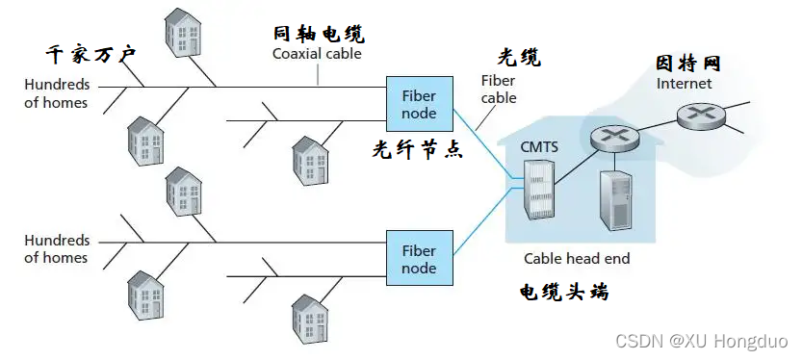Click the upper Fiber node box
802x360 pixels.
[418, 104]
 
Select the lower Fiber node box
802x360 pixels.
[418, 259]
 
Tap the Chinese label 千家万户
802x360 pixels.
[91, 53]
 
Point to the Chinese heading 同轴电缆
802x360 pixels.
[319, 35]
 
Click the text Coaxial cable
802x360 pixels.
[317, 55]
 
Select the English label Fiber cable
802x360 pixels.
[499, 90]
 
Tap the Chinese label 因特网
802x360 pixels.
[687, 64]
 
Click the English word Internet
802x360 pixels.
[684, 84]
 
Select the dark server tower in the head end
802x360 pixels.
[615, 202]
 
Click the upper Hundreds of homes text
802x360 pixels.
[57, 93]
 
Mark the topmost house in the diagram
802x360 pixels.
[183, 31]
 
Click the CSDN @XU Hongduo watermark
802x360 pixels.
[701, 342]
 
